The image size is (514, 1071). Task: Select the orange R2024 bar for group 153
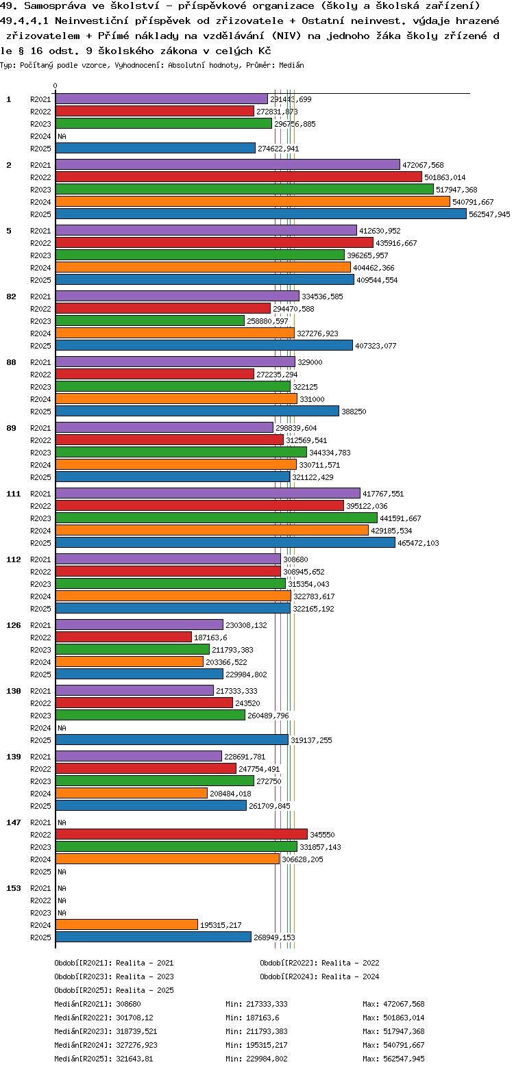point(126,925)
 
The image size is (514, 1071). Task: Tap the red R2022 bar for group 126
point(123,638)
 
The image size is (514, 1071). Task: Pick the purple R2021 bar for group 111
point(207,494)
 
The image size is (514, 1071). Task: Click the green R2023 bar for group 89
point(181,453)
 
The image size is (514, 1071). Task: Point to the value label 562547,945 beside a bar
point(489,214)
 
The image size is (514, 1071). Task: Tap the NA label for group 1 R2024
point(62,136)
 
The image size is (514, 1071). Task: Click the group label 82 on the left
point(11,297)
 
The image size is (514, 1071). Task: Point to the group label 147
point(13,822)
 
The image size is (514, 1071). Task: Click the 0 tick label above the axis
point(55,86)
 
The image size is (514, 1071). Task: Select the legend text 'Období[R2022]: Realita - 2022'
point(319,963)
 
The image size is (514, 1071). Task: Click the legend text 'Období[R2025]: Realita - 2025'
point(114,990)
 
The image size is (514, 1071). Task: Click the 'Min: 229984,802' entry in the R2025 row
point(256,1059)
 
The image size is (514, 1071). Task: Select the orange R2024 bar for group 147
point(167,859)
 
